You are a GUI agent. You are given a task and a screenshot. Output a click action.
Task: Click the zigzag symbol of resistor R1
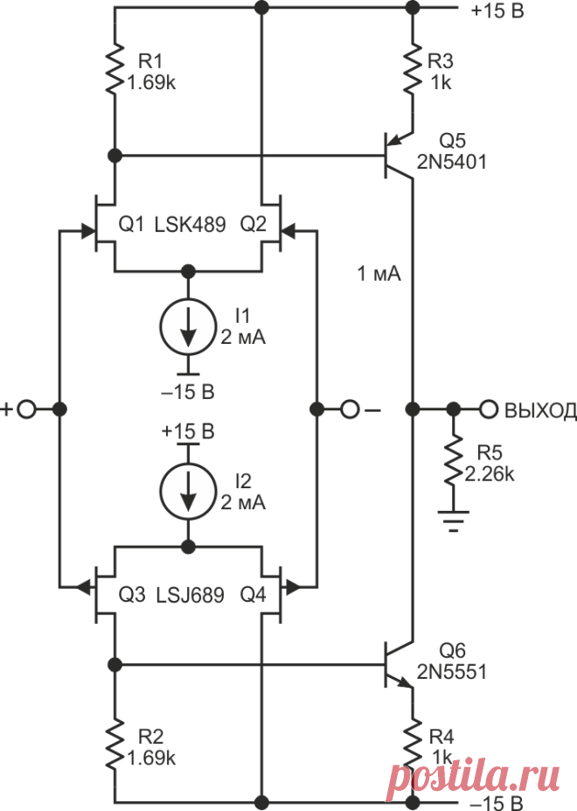coord(115,69)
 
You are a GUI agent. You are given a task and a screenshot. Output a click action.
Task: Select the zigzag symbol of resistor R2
coord(115,744)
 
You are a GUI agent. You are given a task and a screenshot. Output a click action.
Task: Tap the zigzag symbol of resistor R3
coord(413,69)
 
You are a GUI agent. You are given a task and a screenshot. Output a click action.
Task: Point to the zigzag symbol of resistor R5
coord(454,459)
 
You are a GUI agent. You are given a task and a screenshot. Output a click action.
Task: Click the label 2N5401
coord(452,163)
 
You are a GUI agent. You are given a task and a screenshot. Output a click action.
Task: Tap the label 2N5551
coord(452,672)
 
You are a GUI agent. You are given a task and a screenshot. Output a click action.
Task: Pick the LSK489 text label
coord(191,225)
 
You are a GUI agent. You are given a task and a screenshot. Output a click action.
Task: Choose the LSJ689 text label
coord(191,595)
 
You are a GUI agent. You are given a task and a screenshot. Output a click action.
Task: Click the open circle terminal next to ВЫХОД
coord(489,409)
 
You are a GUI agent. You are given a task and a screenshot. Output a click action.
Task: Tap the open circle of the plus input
coord(26,409)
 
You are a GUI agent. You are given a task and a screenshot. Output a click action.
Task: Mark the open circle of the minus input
coord(350,409)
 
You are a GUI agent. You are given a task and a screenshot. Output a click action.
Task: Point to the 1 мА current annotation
coord(379,274)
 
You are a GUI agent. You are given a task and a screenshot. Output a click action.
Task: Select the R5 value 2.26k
coord(490,474)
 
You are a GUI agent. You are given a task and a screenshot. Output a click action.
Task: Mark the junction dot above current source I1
coord(189,270)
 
